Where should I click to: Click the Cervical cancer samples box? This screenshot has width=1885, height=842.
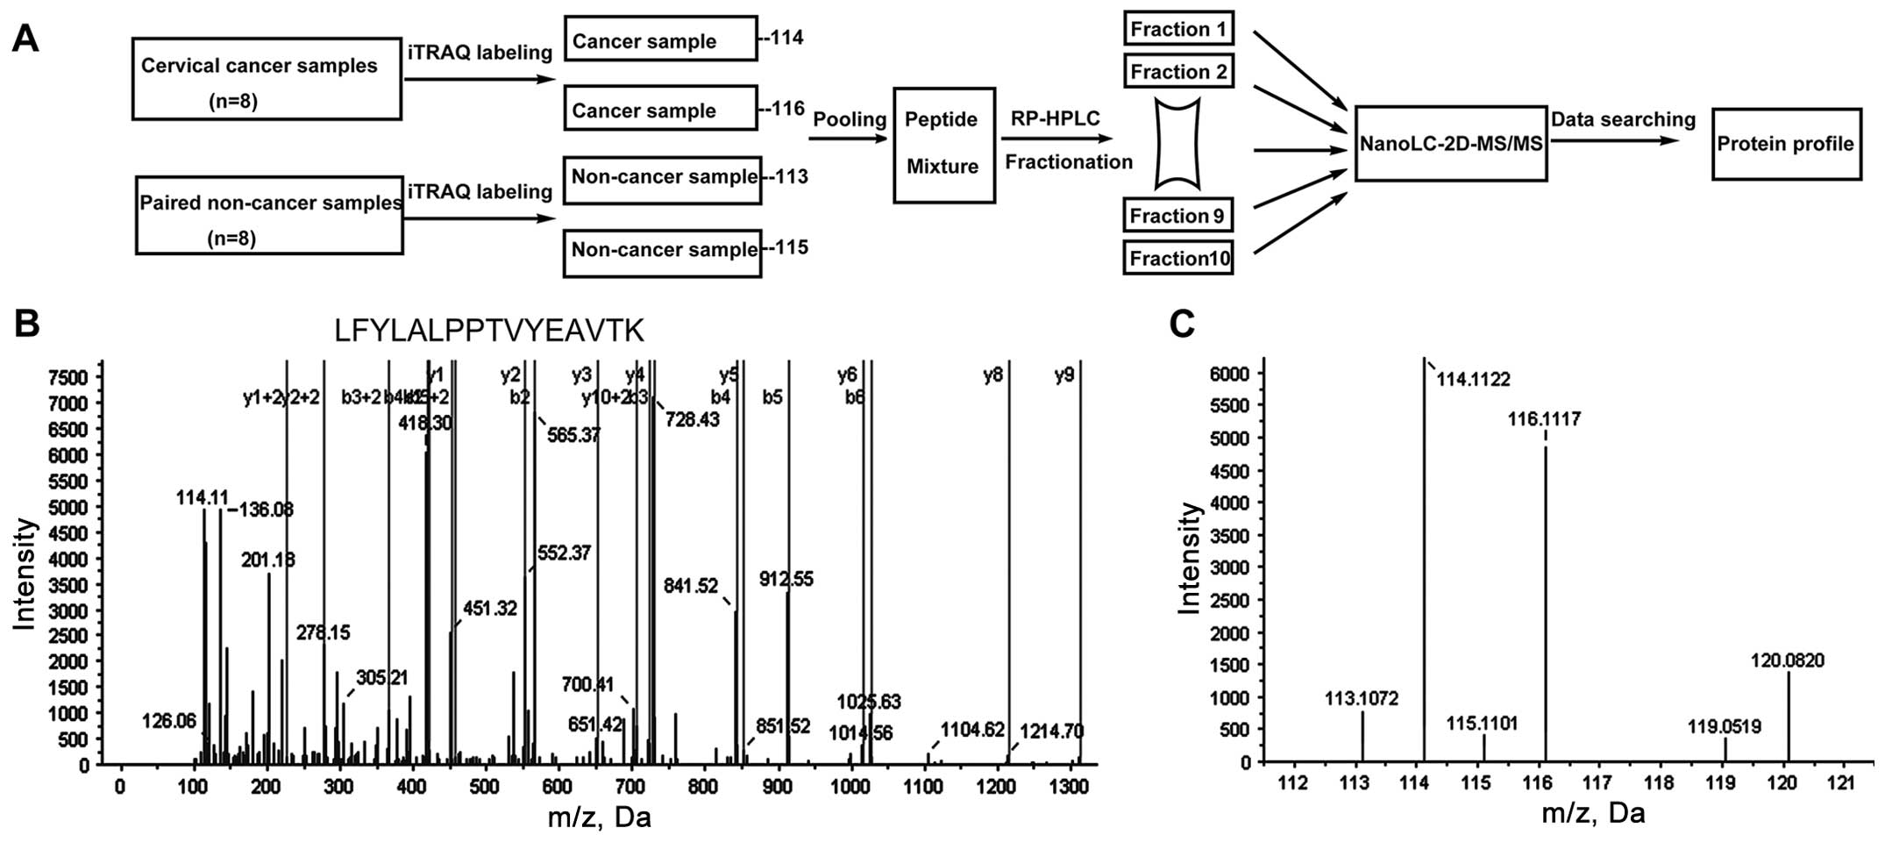(x=267, y=79)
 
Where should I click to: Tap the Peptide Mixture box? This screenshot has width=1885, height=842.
(x=943, y=145)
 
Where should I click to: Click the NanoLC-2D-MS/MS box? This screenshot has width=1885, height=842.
(x=1450, y=144)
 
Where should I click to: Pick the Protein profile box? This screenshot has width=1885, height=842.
(x=1785, y=144)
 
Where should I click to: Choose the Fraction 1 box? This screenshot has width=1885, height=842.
(x=1178, y=29)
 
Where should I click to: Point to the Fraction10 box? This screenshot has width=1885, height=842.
(x=1178, y=258)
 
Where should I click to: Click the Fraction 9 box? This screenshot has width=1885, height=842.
(x=1178, y=216)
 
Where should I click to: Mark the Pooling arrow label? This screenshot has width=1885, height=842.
(x=849, y=119)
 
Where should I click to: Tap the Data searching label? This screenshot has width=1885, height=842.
(x=1623, y=119)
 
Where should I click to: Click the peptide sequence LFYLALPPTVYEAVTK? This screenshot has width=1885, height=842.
(x=489, y=331)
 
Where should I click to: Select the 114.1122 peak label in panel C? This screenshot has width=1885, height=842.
(x=1473, y=379)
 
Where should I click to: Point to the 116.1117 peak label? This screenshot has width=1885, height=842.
(x=1544, y=419)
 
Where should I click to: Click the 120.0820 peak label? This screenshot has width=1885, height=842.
(x=1788, y=660)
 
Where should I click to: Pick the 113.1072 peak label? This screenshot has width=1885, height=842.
(x=1361, y=699)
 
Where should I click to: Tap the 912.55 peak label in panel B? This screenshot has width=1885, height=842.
(x=786, y=579)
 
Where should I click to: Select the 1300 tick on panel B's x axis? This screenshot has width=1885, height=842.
(x=1070, y=786)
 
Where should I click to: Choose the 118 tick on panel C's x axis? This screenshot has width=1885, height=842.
(x=1659, y=782)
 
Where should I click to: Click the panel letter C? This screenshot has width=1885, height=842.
(x=1182, y=325)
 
